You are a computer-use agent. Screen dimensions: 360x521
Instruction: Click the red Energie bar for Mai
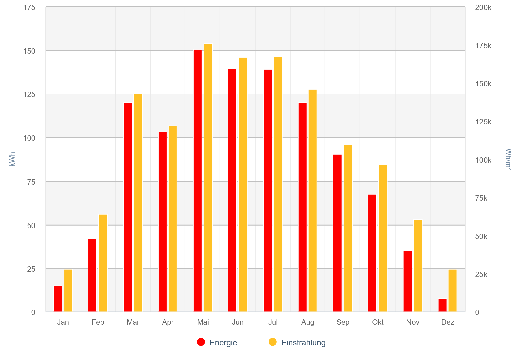(198, 181)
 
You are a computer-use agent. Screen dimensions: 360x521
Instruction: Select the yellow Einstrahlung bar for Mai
(208, 178)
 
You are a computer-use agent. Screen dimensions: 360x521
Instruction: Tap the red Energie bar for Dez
(443, 305)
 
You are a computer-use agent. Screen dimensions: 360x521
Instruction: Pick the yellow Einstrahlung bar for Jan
(68, 290)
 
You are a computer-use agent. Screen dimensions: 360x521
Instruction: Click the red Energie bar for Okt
(372, 253)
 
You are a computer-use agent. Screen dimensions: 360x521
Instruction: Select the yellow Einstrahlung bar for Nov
(418, 266)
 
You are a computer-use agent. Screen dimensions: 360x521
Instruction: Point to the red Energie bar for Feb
(92, 275)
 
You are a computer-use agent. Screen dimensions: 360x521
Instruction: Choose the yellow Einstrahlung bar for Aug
(313, 201)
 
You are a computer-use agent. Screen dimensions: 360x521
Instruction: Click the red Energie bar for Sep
(338, 233)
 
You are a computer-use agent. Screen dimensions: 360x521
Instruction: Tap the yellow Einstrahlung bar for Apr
(173, 219)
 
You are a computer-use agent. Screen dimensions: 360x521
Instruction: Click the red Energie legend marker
(201, 342)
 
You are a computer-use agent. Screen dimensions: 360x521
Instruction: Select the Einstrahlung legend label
(303, 343)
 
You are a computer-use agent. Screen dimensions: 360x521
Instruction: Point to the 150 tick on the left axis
(29, 51)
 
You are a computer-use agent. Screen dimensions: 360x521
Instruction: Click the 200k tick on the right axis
(483, 7)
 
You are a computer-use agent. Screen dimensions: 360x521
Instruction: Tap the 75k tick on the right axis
(481, 198)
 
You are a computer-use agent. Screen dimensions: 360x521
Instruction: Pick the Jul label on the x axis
(273, 322)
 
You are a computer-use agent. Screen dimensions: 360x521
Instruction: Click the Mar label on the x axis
(133, 322)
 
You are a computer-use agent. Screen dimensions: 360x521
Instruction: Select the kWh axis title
(12, 159)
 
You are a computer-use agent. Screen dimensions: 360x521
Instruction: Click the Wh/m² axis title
(508, 159)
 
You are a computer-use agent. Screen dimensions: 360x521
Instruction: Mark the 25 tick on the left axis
(31, 269)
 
